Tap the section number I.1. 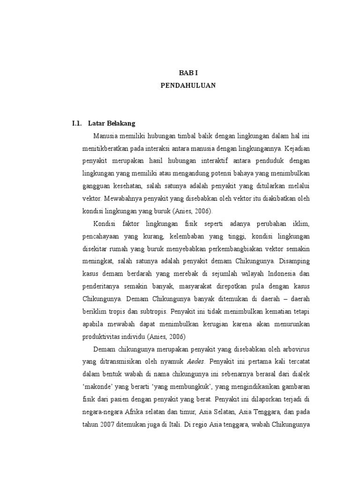tap(77, 123)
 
